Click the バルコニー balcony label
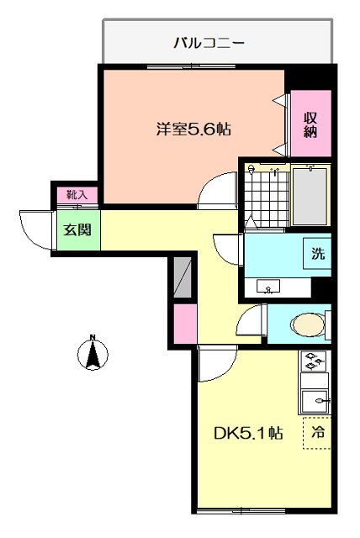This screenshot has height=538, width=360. coord(209,43)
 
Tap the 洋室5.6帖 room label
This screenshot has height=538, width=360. coord(193,129)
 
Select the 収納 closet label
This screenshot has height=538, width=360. coord(310,125)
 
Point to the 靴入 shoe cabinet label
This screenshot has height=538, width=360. coord(77,195)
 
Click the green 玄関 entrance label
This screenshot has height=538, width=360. coord(77,229)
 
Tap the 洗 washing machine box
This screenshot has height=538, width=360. coord(317,254)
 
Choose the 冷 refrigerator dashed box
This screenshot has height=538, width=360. coord(317,433)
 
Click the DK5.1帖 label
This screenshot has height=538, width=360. coord(248,433)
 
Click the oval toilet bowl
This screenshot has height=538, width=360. coord(308,324)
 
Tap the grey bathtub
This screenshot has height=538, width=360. coord(310,196)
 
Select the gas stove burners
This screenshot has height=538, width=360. coord(314,361)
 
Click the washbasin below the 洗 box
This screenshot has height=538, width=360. coord(268,286)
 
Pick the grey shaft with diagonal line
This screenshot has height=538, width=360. coord(183,277)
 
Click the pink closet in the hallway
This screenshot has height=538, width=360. coord(185,324)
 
